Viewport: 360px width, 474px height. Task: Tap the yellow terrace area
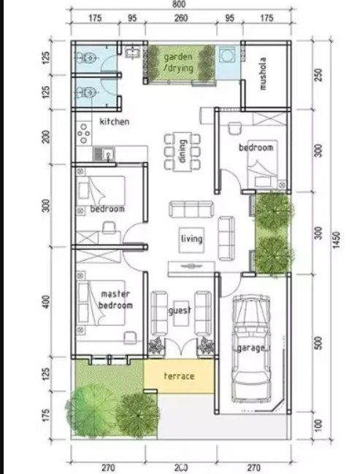coord(179,377)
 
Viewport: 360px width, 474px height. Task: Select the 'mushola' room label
coord(264,74)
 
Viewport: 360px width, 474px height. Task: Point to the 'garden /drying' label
coord(179,62)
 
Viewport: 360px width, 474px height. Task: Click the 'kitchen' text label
coord(115,122)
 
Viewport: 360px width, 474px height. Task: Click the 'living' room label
coord(191,239)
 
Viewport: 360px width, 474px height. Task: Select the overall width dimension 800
coord(180,6)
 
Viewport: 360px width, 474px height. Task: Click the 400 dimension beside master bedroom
coord(46,301)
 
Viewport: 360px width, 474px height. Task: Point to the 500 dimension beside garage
coord(316,343)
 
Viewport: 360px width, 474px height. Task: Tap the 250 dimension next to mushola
coord(316,74)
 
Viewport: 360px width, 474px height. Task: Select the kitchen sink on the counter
coord(107,154)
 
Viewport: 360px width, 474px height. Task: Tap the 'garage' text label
coord(251,348)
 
